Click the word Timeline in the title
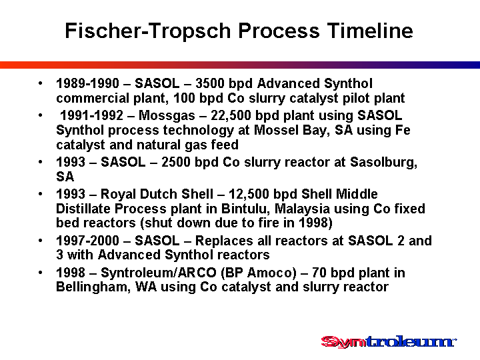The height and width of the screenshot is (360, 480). pyautogui.click(x=370, y=31)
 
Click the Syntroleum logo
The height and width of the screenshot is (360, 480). pyautogui.click(x=389, y=341)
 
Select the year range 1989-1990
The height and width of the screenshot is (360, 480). pyautogui.click(x=87, y=83)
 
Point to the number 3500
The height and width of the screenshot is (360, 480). pyautogui.click(x=210, y=83)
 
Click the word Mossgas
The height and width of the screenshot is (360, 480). pyautogui.click(x=167, y=116)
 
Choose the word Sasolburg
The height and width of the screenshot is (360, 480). pyautogui.click(x=383, y=162)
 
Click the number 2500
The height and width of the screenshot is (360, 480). pyautogui.click(x=176, y=162)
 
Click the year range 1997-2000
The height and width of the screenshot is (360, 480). pyautogui.click(x=87, y=241)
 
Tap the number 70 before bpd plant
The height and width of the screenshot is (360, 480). pyautogui.click(x=319, y=273)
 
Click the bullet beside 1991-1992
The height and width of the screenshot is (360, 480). pyautogui.click(x=41, y=116)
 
